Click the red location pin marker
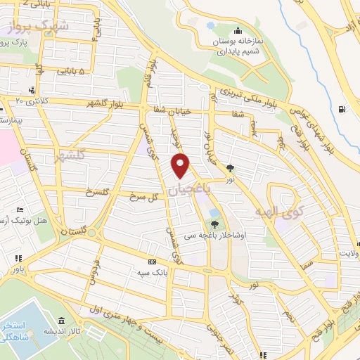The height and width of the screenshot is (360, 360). (181, 166)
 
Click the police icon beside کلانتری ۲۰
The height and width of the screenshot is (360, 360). (32, 90)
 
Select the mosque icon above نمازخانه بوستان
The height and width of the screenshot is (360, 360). (238, 30)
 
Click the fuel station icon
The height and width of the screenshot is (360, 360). (341, 109)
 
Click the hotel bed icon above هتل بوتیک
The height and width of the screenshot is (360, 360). (20, 210)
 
